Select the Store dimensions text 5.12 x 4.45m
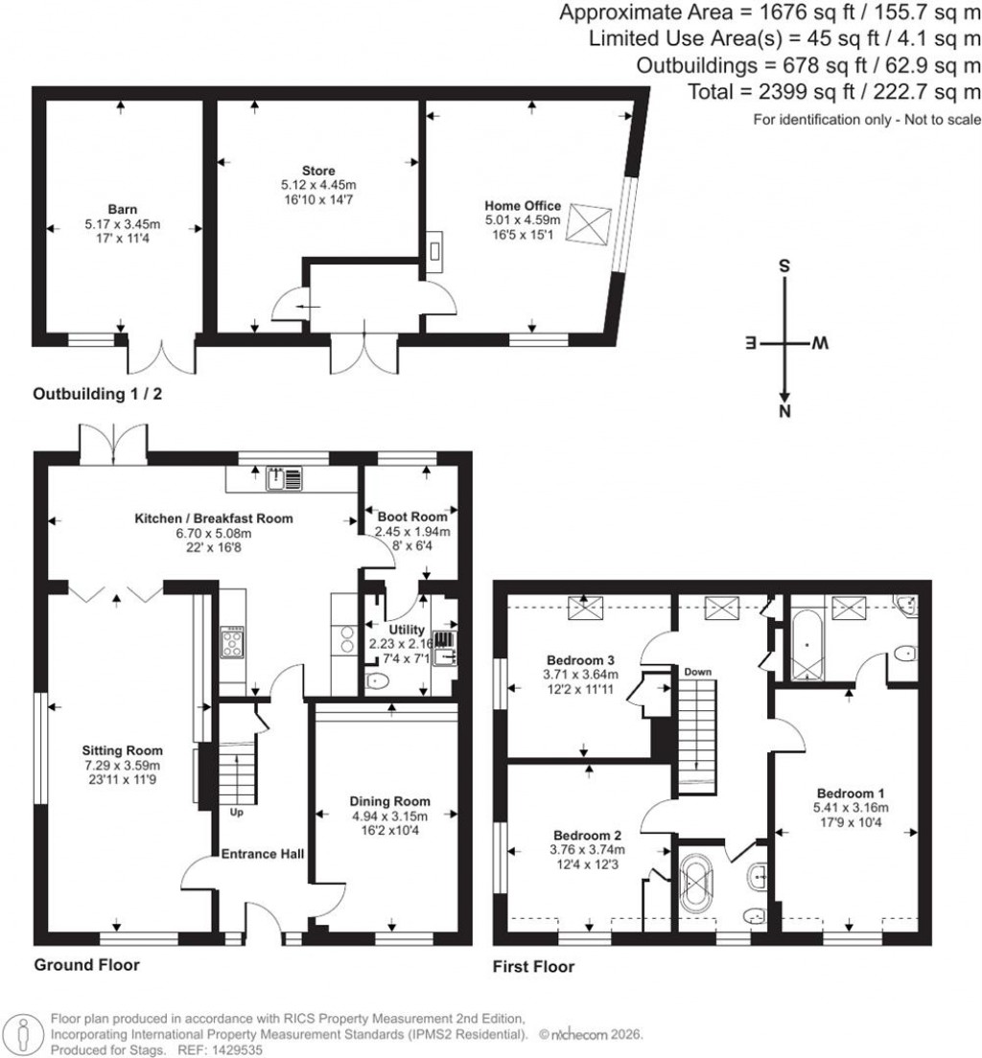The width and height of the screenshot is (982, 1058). pos(317,184)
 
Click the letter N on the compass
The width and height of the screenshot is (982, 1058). pos(784,413)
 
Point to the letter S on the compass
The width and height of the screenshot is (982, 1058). pos(784,267)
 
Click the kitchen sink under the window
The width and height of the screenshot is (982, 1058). pos(284,476)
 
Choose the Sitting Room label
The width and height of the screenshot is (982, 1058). pos(122,750)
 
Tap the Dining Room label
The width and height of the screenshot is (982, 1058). pos(389,801)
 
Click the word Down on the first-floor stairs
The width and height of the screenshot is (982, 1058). pos(697,671)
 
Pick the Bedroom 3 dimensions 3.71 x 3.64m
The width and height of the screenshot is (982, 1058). pos(581,674)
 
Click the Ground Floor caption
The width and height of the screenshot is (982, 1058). pos(86,964)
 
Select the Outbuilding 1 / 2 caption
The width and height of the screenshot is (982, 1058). pos(104,394)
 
